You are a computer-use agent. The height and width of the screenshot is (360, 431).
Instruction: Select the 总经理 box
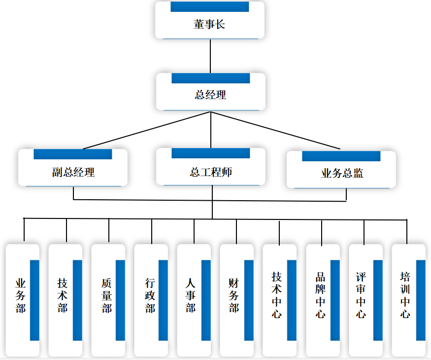pyautogui.click(x=211, y=94)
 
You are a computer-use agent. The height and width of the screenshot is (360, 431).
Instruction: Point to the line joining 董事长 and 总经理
pyautogui.click(x=210, y=56)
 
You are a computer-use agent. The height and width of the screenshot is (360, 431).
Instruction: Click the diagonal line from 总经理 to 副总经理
pyautogui.click(x=148, y=130)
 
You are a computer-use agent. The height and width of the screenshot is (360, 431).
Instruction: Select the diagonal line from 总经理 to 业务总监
pyautogui.click(x=276, y=130)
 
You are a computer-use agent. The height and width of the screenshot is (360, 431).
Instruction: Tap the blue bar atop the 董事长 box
pyautogui.click(x=210, y=7)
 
